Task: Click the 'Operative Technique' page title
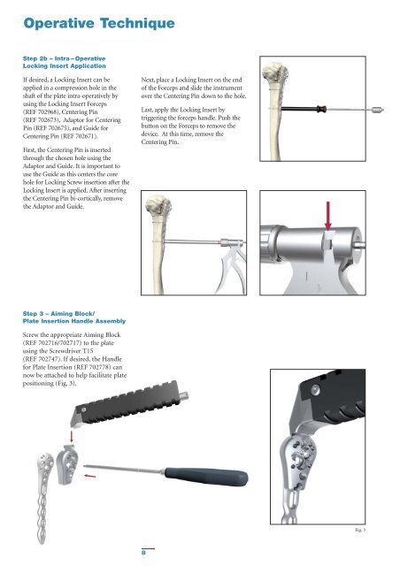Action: click(x=99, y=24)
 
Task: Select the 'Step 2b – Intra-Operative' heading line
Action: click(x=64, y=58)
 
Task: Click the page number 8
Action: click(x=143, y=553)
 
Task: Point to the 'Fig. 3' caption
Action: click(x=360, y=530)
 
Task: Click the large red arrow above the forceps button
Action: click(x=327, y=216)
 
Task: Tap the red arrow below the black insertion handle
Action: click(x=72, y=436)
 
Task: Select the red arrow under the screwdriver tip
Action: click(x=89, y=476)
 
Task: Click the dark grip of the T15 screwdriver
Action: click(x=206, y=477)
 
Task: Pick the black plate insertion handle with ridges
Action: click(x=130, y=402)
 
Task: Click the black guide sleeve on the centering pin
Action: click(x=299, y=108)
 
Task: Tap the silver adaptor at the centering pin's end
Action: click(x=378, y=110)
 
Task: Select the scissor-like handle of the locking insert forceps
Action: click(x=230, y=269)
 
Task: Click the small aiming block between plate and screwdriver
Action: click(x=67, y=463)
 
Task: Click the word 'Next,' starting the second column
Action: click(x=148, y=80)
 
